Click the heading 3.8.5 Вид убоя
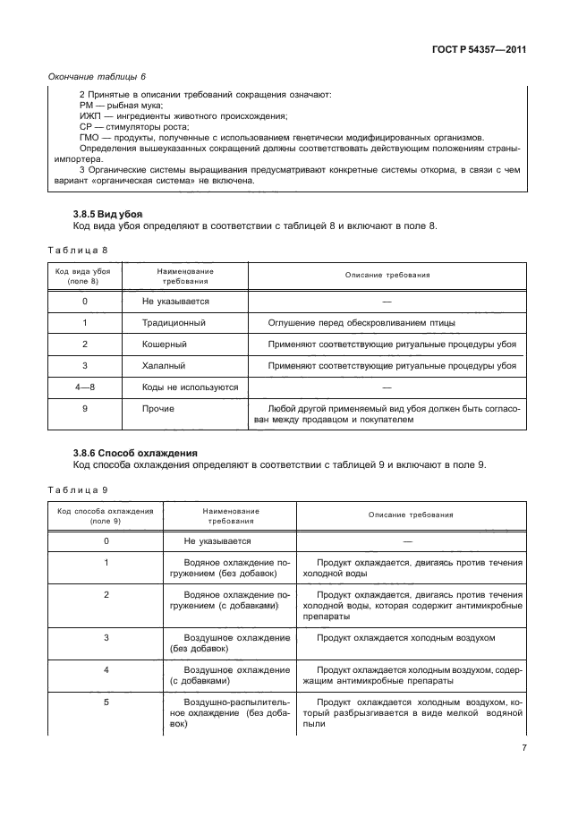[x=106, y=214]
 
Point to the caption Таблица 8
[x=76, y=250]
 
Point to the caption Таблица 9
[x=76, y=489]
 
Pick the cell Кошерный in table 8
[x=164, y=344]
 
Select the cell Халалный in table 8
[x=164, y=365]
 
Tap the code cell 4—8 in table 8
[x=84, y=387]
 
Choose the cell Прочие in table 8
[x=158, y=409]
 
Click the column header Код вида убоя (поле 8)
[x=84, y=275]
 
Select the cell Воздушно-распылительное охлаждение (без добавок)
[x=229, y=713]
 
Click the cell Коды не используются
[x=190, y=387]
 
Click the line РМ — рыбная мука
[x=115, y=105]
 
